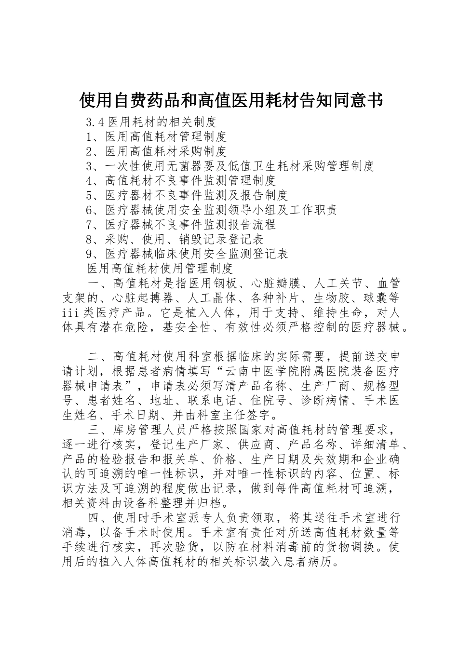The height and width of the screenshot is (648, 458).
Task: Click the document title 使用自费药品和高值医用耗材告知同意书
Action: tap(230, 100)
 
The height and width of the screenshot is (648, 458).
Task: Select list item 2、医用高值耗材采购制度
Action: tap(156, 151)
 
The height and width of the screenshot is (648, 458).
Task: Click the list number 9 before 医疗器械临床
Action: tap(89, 254)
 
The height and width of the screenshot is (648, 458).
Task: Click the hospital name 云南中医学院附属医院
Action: tap(287, 371)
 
